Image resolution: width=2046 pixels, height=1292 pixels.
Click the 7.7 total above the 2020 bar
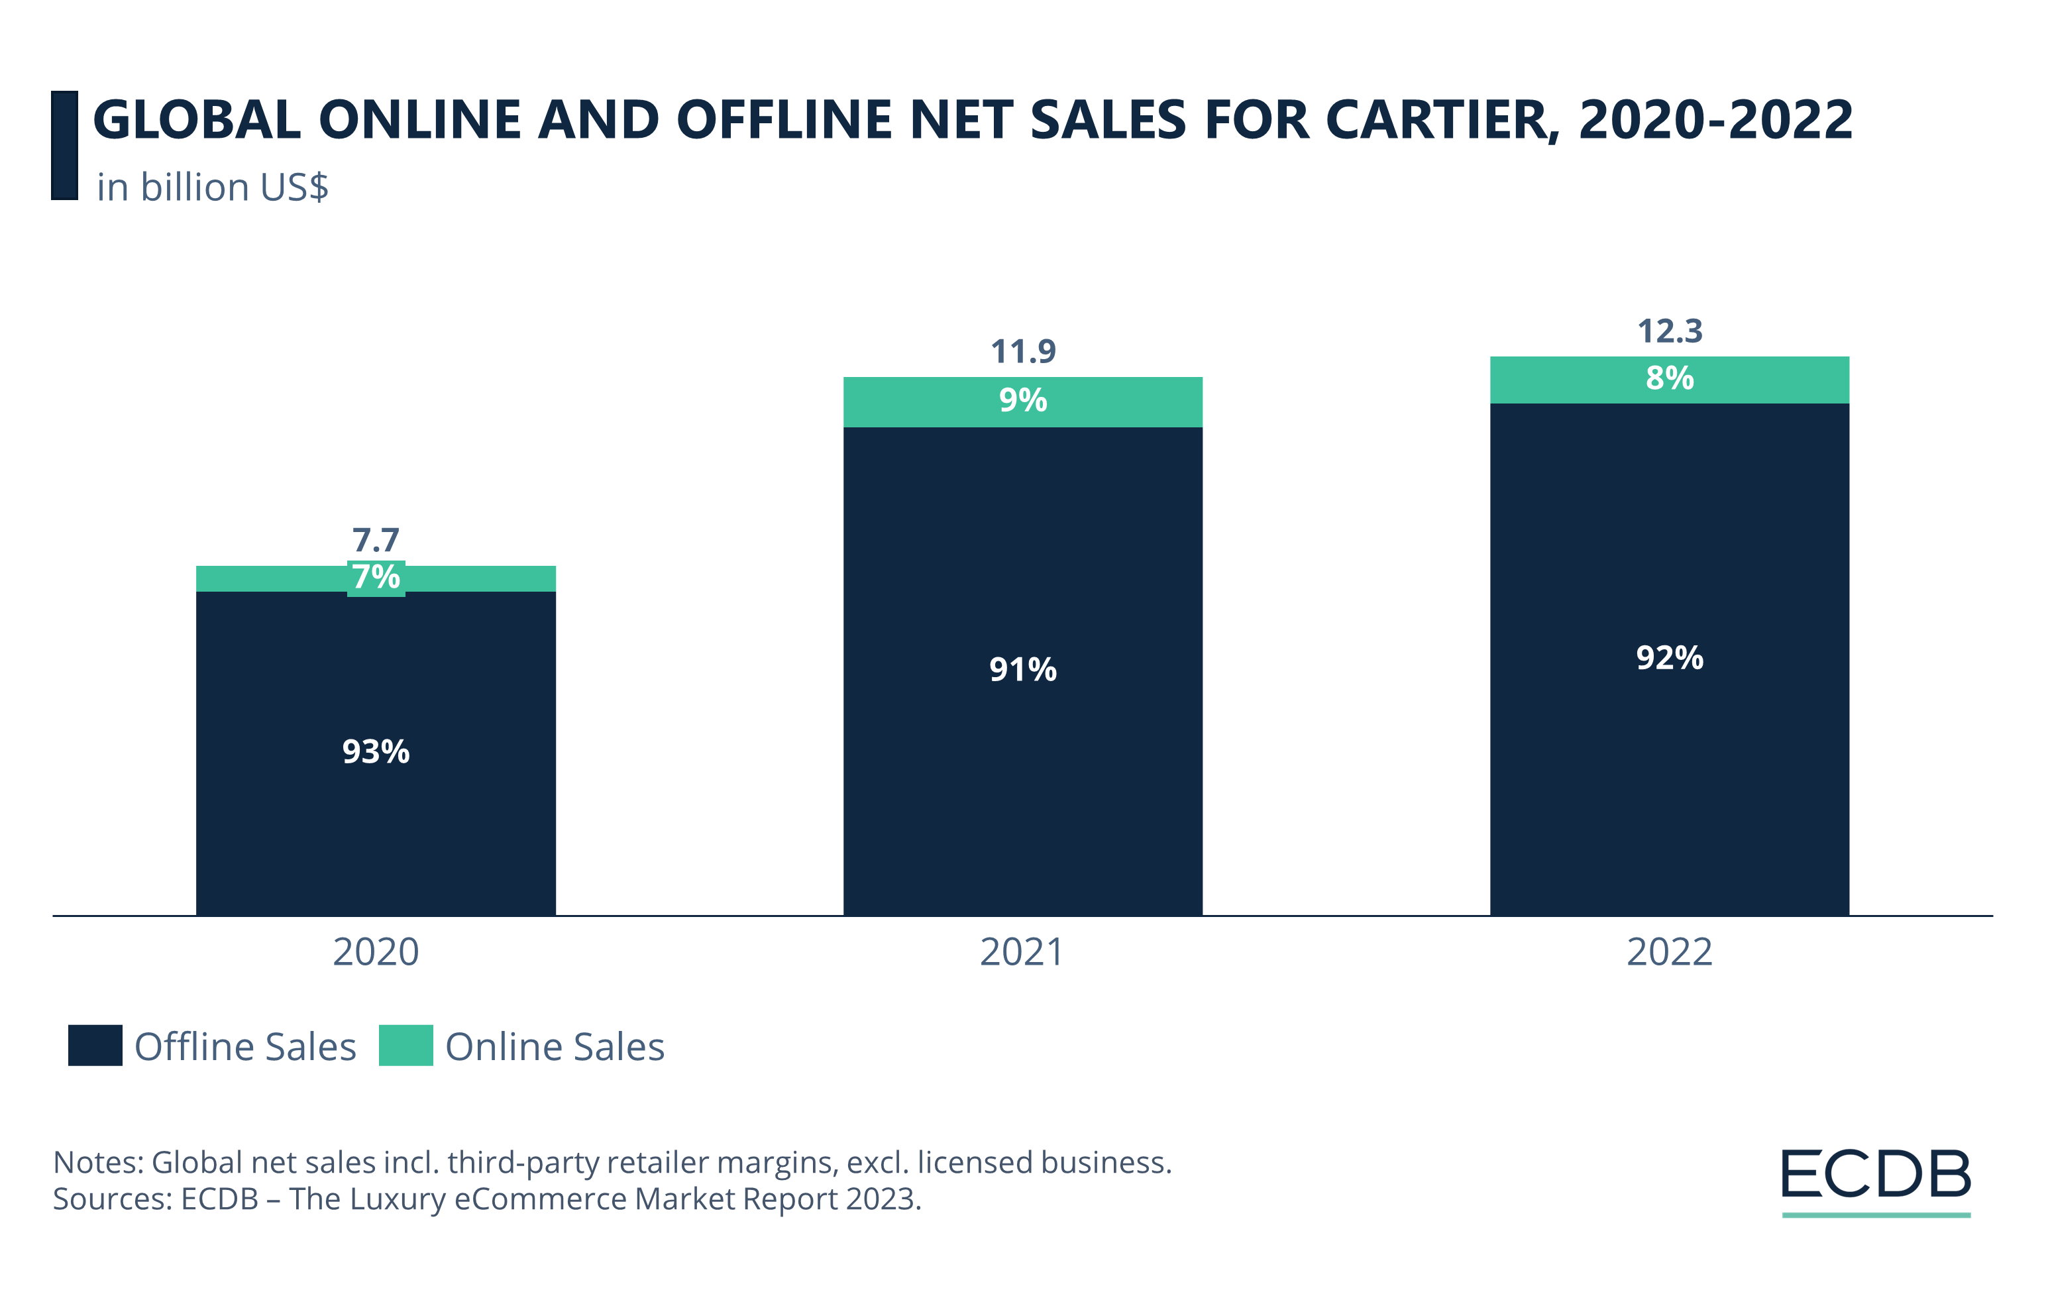coord(376,540)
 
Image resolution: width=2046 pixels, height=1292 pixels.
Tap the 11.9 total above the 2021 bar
coord(1023,352)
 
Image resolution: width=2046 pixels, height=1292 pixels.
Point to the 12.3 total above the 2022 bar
coord(1670,331)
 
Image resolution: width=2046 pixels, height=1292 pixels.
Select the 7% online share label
coord(376,578)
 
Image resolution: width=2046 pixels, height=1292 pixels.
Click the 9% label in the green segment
coord(1023,400)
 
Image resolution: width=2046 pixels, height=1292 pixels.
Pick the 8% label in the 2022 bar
coord(1670,378)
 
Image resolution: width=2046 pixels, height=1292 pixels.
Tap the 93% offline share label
coord(376,752)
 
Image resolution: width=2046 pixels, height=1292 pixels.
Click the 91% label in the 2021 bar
coord(1023,669)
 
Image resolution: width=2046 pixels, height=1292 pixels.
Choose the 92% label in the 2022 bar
coord(1670,657)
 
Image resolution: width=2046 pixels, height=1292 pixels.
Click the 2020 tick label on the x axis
coord(376,952)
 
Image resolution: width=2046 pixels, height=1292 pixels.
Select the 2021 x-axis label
coord(1022,952)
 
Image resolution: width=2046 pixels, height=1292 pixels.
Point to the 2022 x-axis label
coord(1670,952)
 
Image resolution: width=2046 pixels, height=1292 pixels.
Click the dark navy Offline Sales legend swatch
coord(95,1046)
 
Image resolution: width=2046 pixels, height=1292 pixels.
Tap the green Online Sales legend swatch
coord(406,1046)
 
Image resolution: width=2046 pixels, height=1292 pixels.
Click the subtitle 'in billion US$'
coord(213,188)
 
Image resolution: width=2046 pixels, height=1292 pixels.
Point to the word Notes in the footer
coord(97,1162)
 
